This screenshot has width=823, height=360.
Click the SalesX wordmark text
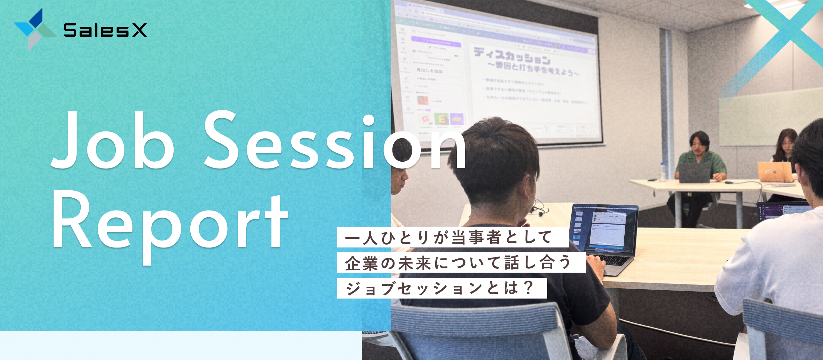(x=105, y=30)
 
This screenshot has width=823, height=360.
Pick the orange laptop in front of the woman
(x=775, y=172)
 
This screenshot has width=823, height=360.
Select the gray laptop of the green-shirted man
(x=694, y=173)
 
